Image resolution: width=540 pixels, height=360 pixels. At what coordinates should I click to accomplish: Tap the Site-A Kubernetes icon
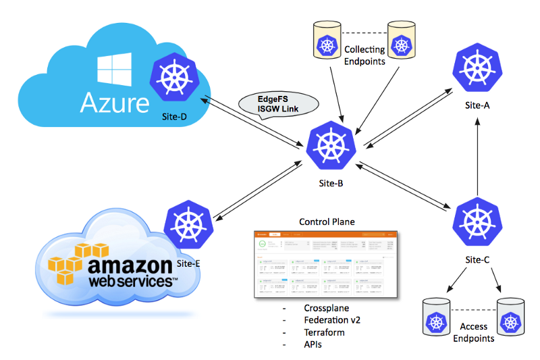(x=477, y=68)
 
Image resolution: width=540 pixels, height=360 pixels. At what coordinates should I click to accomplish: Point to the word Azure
(x=115, y=103)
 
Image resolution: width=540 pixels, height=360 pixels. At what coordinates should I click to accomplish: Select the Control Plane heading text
(x=327, y=222)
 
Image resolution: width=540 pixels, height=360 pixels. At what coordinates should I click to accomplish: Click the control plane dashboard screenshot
(x=327, y=265)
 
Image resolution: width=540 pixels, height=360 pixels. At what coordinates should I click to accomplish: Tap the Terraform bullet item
(x=324, y=332)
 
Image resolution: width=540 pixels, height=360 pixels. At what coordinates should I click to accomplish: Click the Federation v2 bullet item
(x=331, y=320)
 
